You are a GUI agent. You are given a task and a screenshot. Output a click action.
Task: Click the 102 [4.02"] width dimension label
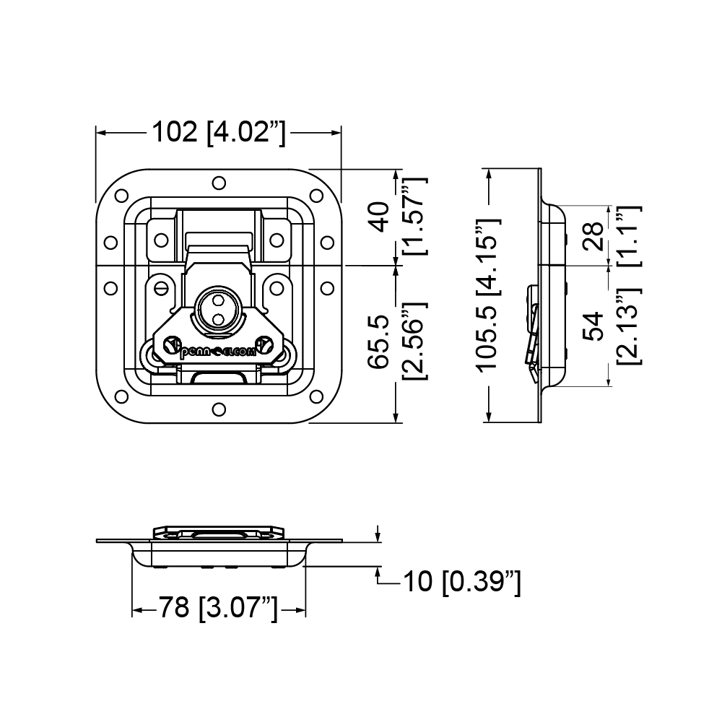(x=219, y=133)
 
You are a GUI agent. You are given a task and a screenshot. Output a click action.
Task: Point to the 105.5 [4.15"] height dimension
(x=488, y=295)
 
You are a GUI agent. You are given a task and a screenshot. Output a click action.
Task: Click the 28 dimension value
(x=594, y=236)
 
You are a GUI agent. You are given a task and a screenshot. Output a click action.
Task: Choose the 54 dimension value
(x=594, y=326)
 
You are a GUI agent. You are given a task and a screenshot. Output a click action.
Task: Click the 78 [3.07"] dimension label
(x=219, y=607)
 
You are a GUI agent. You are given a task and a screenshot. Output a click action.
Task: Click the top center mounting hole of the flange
(x=219, y=183)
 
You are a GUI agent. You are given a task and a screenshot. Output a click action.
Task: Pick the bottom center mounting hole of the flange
(x=219, y=409)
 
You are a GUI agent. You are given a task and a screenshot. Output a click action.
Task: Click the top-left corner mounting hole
(x=121, y=196)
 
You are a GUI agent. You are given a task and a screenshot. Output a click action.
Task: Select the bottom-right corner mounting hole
(x=316, y=396)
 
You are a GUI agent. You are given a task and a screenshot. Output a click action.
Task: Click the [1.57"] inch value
(x=415, y=215)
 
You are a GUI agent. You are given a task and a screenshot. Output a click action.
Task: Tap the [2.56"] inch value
(x=415, y=342)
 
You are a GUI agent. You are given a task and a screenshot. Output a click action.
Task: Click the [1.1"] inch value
(x=629, y=235)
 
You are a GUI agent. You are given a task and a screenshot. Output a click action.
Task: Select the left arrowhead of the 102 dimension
(x=101, y=133)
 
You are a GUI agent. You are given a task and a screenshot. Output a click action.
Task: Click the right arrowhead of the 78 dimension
(x=300, y=611)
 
